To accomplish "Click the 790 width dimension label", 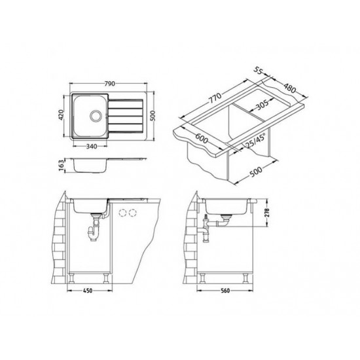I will pyautogui.click(x=110, y=84).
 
